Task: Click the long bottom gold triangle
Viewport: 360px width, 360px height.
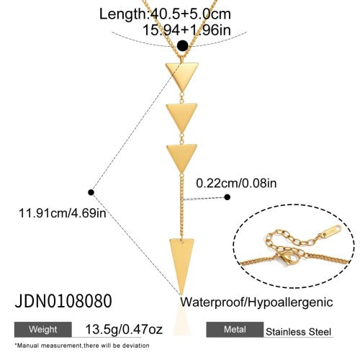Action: coord(181,261)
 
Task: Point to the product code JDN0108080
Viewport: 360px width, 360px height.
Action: coord(63,301)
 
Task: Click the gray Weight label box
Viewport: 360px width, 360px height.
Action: coord(43,330)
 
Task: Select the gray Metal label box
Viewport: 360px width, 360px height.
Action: coord(235,330)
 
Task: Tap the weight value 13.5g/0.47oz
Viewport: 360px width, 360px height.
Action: coord(124,329)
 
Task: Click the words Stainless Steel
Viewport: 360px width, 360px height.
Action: coord(298,332)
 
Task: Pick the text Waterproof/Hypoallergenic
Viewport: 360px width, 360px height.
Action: coord(256,302)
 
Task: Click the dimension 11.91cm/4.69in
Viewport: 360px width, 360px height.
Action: coord(63,213)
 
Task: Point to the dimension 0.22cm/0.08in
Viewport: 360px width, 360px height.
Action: coord(236,183)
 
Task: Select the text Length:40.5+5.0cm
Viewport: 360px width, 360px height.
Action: coord(165,14)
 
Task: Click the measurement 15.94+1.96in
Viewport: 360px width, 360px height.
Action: coord(186,30)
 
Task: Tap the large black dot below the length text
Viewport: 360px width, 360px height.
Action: coord(182,45)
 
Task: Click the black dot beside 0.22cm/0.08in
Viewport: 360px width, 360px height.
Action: coord(227,197)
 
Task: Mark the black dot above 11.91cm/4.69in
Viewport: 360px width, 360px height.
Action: coord(91,192)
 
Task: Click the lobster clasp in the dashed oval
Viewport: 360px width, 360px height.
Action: coord(288,257)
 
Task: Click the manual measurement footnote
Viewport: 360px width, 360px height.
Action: coord(82,346)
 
